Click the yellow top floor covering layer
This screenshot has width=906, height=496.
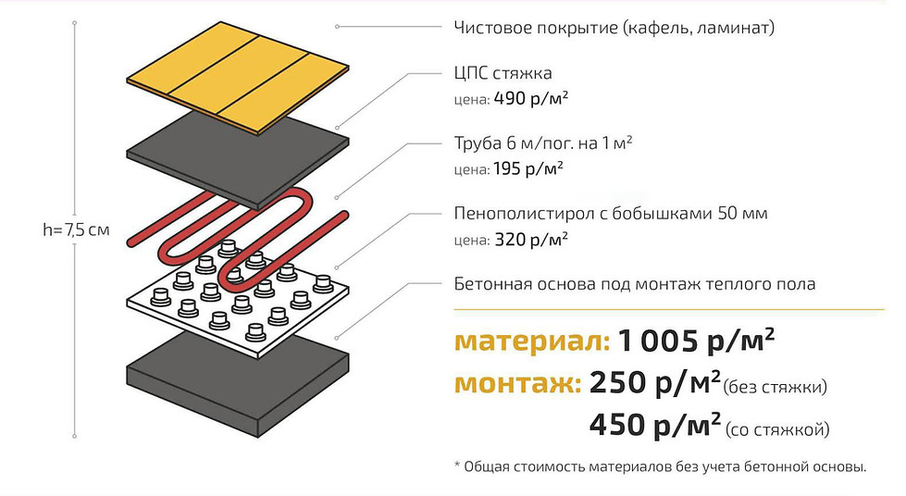click(237, 77)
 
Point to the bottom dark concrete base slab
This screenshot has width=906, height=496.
click(237, 384)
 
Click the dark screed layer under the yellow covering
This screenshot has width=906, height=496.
click(237, 159)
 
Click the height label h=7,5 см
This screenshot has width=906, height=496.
click(76, 230)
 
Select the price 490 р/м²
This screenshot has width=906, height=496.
click(531, 98)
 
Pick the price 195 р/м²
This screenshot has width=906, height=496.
click(528, 168)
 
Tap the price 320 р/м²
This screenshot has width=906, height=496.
click(531, 240)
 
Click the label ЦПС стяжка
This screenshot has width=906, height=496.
click(503, 73)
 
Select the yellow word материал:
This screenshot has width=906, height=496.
click(532, 341)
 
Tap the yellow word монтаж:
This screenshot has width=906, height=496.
click(517, 384)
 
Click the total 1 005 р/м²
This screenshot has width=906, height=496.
click(696, 340)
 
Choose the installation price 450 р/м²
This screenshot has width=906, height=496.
click(655, 426)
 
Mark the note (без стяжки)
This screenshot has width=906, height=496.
click(775, 387)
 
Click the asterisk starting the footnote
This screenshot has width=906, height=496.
click(457, 465)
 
